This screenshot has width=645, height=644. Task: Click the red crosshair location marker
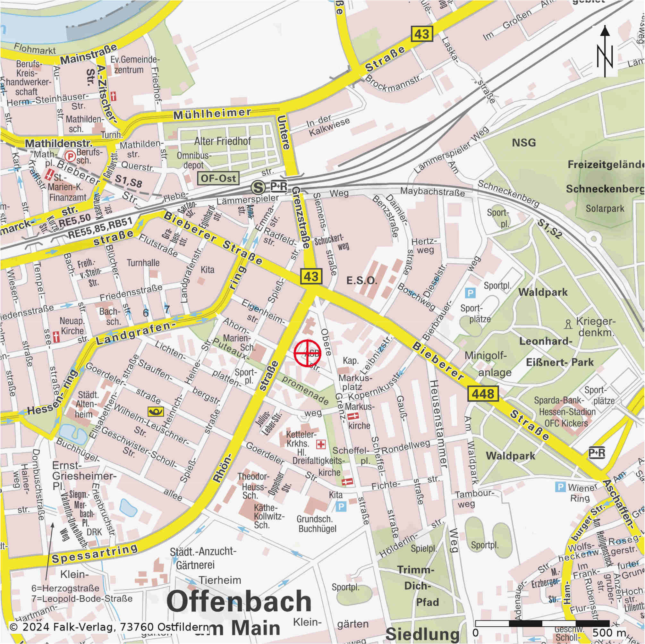(x=307, y=353)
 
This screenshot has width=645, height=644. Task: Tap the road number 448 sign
(x=483, y=394)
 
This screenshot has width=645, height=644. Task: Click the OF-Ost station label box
(x=218, y=178)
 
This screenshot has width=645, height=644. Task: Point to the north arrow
(x=605, y=52)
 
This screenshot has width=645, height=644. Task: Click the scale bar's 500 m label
(x=609, y=633)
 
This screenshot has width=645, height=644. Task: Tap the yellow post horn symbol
(x=156, y=411)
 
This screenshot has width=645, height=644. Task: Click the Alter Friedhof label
(x=222, y=141)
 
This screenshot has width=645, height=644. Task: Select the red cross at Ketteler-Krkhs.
(x=321, y=444)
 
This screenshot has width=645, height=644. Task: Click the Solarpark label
(x=605, y=209)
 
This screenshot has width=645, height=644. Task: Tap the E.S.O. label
(x=361, y=281)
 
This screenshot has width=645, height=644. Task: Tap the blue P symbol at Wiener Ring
(x=560, y=487)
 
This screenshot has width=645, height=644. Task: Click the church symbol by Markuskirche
(x=353, y=416)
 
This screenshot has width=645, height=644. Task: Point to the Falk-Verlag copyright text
(x=108, y=628)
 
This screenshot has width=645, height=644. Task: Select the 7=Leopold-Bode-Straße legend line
(x=82, y=598)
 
